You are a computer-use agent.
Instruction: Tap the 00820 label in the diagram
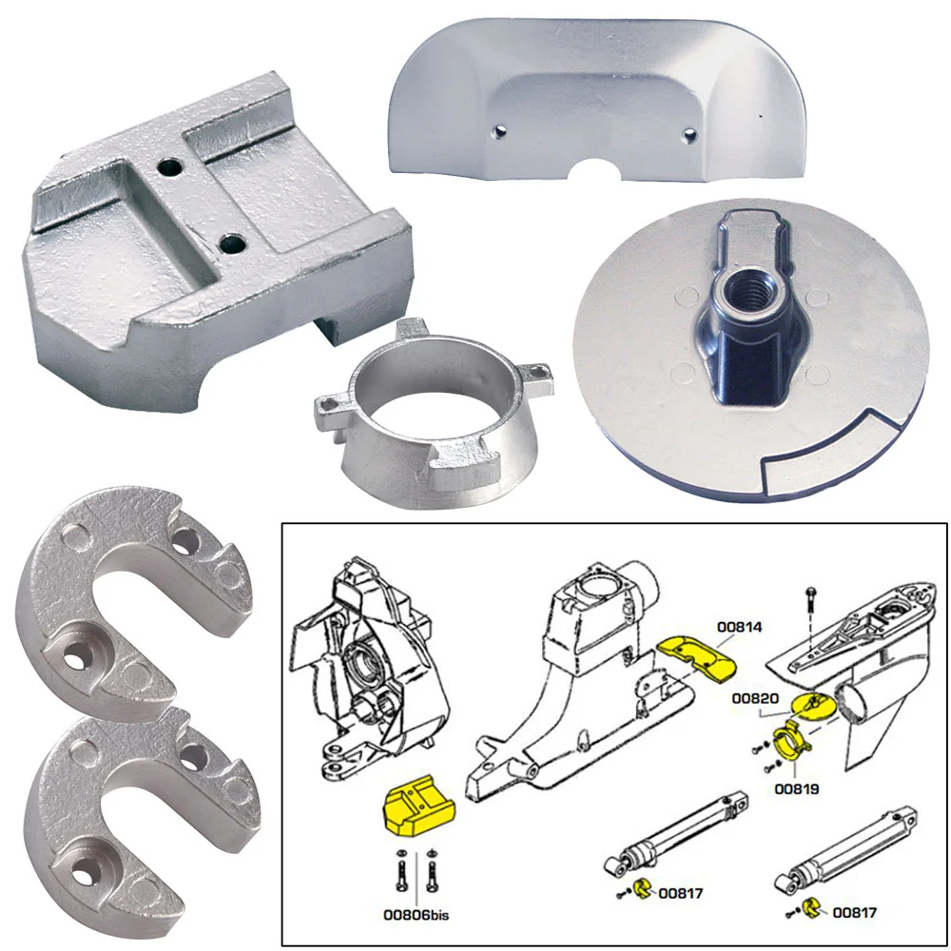point(754,699)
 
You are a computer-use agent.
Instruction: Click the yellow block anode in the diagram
point(417,811)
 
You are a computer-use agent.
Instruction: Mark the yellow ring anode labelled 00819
point(789,742)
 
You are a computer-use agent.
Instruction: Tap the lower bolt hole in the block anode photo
point(231,244)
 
